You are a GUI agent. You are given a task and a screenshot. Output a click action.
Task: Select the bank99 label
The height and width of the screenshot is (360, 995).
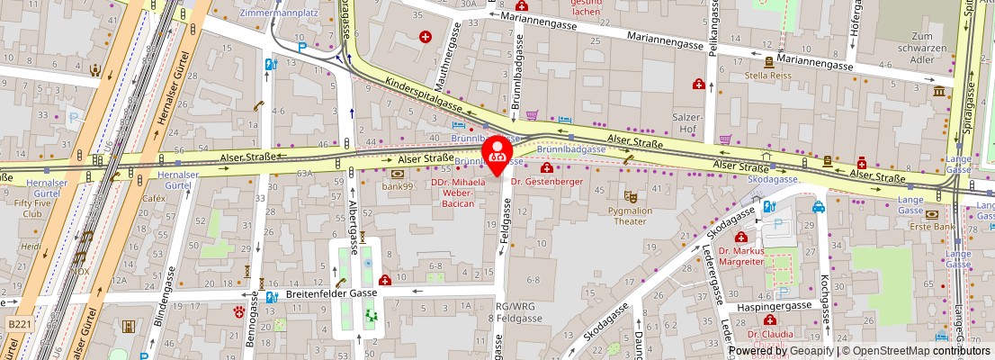pyautogui.click(x=397, y=186)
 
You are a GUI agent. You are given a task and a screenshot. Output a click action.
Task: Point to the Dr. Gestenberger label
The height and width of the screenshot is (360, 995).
pyautogui.click(x=547, y=182)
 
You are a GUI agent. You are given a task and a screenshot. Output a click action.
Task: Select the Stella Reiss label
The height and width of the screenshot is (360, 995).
pyautogui.click(x=767, y=76)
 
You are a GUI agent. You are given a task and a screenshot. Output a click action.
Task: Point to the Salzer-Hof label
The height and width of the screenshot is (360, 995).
pyautogui.click(x=686, y=123)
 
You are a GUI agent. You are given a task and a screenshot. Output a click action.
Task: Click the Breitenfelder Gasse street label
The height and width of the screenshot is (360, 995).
pyautogui.click(x=330, y=293)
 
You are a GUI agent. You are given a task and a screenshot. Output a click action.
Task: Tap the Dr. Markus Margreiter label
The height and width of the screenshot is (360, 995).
pyautogui.click(x=740, y=256)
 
